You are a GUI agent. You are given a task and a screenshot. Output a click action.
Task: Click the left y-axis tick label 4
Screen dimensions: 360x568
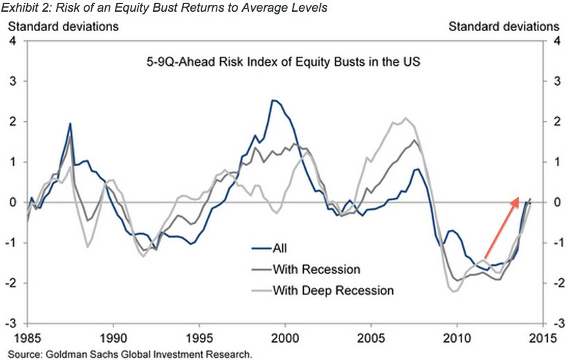click(x=12, y=42)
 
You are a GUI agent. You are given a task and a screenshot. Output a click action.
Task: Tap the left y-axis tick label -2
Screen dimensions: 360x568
click(x=10, y=283)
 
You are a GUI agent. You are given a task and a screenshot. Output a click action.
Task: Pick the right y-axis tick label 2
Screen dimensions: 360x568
click(x=553, y=122)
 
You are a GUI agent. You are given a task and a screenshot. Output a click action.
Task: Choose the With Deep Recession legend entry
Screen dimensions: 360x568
click(x=333, y=290)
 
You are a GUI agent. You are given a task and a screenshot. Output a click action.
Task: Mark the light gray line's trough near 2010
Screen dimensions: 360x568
click(x=455, y=291)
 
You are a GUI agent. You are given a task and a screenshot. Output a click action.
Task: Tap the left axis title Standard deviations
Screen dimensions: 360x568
click(x=63, y=26)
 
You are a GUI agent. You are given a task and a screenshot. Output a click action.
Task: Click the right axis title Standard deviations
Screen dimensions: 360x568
click(x=504, y=26)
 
